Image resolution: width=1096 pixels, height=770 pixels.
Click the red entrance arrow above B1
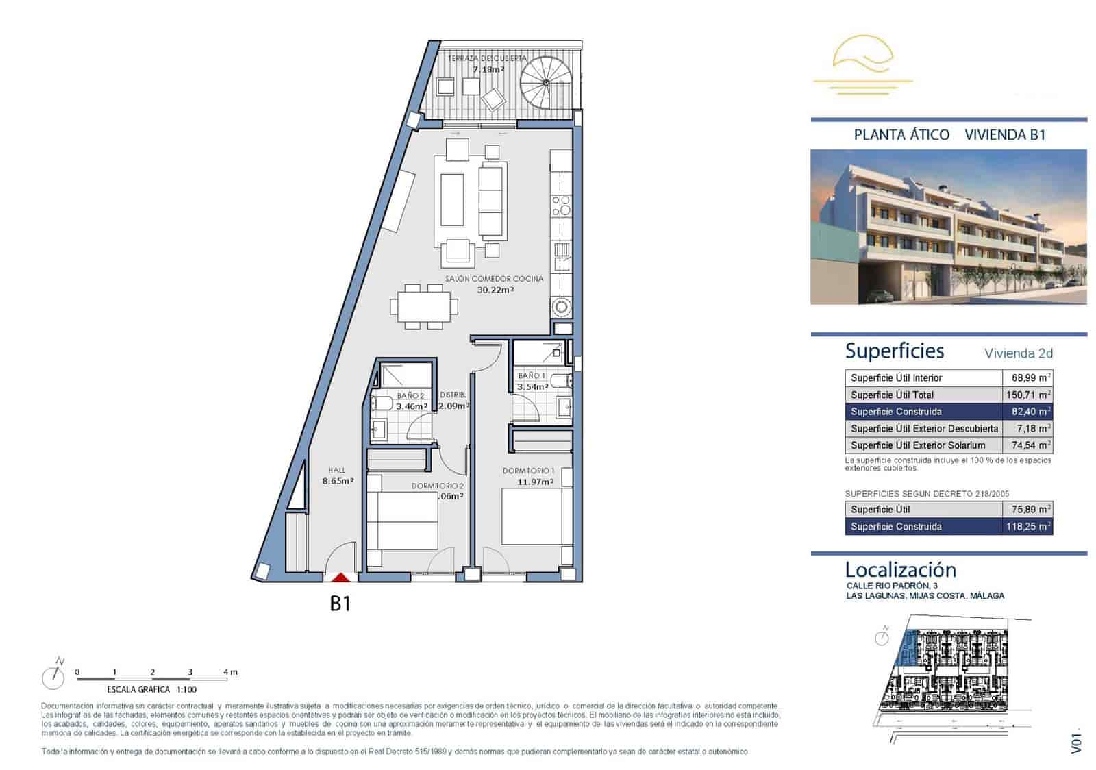(x=340, y=578)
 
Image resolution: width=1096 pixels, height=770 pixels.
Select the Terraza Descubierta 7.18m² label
(x=488, y=64)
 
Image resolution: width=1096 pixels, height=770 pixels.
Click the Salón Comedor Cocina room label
(x=494, y=279)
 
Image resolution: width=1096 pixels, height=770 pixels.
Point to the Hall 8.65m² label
(x=338, y=476)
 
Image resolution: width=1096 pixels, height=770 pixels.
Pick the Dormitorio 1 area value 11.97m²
(x=536, y=482)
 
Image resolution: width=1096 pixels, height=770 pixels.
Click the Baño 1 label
(x=532, y=376)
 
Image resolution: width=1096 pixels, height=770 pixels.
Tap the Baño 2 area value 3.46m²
(x=412, y=406)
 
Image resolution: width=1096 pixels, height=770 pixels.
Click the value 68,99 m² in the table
(x=1030, y=378)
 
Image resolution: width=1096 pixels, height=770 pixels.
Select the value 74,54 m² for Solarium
(x=1030, y=445)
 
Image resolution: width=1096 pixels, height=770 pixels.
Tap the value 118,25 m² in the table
(x=1029, y=527)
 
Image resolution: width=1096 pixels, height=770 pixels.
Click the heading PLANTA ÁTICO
(x=901, y=135)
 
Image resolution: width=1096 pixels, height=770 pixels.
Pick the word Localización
(x=900, y=569)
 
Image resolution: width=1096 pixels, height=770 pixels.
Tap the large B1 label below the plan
(x=340, y=604)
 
